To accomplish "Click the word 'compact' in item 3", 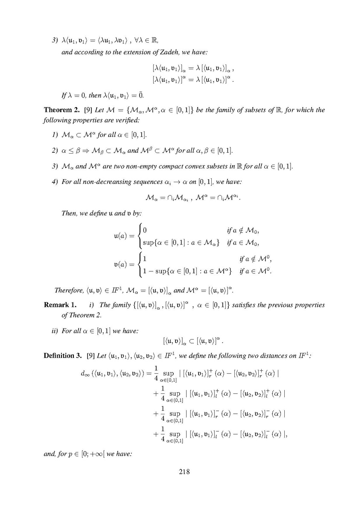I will [x=162, y=166].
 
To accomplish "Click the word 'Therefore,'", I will [x=67, y=291].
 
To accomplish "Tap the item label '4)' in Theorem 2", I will [x=54, y=182].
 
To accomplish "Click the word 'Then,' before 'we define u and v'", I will [x=70, y=213].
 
